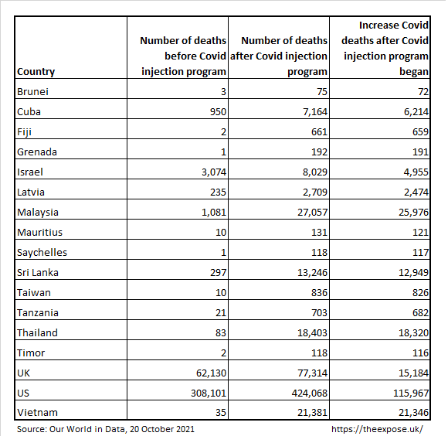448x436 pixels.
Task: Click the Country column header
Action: pos(36,72)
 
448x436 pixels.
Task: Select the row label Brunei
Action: pos(32,92)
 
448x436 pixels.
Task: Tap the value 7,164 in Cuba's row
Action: pos(315,112)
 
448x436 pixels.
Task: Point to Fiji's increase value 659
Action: pos(420,131)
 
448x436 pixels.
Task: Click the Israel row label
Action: pos(30,172)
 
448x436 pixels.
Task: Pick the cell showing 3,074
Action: pos(214,172)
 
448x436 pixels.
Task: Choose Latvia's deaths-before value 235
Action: pos(218,192)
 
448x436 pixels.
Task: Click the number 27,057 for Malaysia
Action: pos(312,213)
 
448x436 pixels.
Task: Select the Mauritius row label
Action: pos(39,233)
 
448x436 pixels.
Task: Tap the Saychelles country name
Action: pos(42,253)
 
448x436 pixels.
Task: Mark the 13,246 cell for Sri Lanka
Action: pos(312,273)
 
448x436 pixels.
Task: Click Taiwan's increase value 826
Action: pos(420,293)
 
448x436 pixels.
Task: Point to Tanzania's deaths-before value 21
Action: pos(221,313)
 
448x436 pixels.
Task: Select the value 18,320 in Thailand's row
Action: pos(414,333)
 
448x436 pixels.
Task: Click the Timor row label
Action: pos(31,353)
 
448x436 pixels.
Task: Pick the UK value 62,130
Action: pos(211,373)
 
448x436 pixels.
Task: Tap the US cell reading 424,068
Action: pos(310,393)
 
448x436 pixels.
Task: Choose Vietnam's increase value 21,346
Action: pos(414,413)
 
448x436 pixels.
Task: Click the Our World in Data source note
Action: pos(106,429)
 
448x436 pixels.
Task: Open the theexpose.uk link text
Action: pos(377,429)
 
